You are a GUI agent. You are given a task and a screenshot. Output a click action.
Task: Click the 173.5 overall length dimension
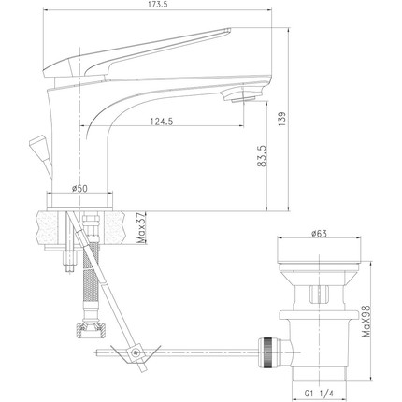click(157, 6)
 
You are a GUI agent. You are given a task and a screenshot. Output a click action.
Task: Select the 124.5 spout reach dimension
click(162, 122)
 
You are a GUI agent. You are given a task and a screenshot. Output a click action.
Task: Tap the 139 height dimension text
click(281, 119)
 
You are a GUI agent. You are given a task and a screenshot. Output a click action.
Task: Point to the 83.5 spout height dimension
click(263, 156)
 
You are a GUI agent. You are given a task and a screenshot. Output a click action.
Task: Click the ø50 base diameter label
click(79, 188)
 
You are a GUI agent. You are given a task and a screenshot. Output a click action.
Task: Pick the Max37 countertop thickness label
click(141, 228)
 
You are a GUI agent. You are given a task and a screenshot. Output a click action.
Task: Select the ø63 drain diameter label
click(319, 234)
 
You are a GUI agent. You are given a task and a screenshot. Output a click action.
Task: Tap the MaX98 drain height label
click(366, 321)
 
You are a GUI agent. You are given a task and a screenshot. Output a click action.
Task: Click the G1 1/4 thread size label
click(319, 394)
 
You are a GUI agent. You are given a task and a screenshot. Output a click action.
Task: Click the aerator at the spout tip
click(243, 99)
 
